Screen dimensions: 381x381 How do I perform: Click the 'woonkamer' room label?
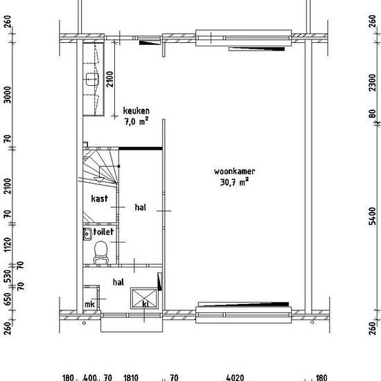click(234, 171)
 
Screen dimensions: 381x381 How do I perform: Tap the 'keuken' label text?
click(136, 111)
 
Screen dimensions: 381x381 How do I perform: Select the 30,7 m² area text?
click(234, 182)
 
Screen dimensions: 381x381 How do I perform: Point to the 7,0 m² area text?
click(136, 121)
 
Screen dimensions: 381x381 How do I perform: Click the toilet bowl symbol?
click(100, 252)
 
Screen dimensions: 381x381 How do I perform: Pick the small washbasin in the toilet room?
click(87, 234)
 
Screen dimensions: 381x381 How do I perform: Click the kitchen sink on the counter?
click(92, 80)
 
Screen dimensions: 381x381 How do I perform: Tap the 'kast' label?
click(99, 199)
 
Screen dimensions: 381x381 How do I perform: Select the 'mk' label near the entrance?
click(89, 304)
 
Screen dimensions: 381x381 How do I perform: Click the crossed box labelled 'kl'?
click(144, 299)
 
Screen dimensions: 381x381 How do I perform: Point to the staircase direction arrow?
click(99, 180)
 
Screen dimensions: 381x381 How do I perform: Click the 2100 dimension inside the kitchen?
click(110, 79)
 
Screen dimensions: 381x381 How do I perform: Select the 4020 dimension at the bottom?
click(235, 378)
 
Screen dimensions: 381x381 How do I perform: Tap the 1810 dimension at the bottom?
click(131, 378)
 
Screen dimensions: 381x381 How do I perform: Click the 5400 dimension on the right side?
click(372, 216)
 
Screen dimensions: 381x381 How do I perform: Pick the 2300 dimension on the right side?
click(372, 82)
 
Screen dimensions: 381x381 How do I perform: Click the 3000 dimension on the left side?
click(8, 95)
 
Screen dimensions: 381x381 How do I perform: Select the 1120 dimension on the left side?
click(8, 245)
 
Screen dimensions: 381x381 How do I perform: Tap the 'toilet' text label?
click(103, 231)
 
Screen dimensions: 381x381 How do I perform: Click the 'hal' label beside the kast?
click(141, 207)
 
